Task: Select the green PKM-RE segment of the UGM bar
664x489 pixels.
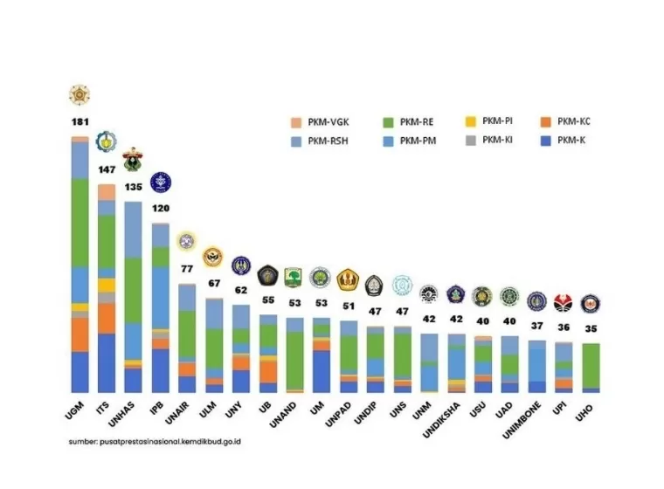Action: tap(80, 222)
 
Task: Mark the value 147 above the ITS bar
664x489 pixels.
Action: tap(106, 172)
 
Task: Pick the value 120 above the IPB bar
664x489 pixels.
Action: tap(160, 210)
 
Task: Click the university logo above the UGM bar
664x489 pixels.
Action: tap(80, 94)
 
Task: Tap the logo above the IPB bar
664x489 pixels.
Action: tap(161, 182)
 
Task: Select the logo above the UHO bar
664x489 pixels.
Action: tap(591, 304)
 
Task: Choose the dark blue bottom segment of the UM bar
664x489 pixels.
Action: tap(322, 371)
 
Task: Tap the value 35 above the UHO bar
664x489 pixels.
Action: tap(591, 329)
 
